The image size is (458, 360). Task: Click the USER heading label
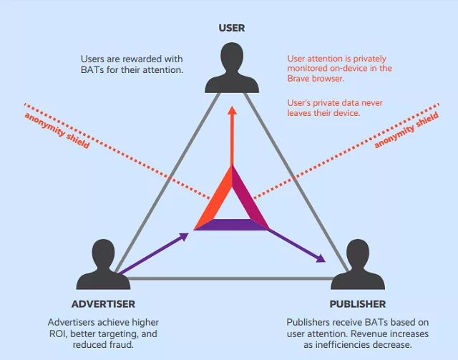[232, 28]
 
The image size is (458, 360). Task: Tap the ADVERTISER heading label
[103, 304]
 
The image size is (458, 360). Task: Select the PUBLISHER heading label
[358, 304]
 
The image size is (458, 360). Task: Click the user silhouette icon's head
[232, 57]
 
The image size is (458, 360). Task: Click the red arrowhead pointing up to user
[232, 110]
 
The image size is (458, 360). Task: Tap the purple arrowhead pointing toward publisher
[321, 258]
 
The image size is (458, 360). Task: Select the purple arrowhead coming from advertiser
[184, 236]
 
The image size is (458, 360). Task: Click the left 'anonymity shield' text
[57, 130]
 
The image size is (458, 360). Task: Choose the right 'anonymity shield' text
[406, 130]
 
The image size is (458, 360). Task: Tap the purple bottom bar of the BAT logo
[231, 225]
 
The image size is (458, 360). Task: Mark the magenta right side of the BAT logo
[249, 196]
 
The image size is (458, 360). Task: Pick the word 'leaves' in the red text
[299, 113]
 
